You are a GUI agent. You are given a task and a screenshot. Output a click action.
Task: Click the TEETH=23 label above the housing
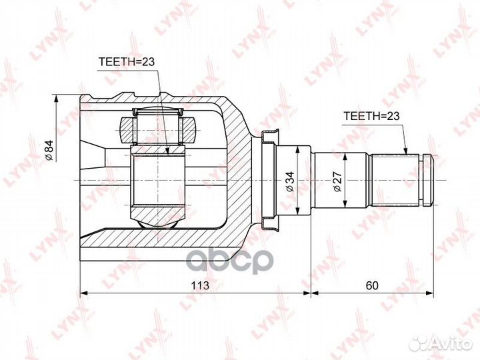127,62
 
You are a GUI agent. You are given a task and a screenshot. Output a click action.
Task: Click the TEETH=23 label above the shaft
371,116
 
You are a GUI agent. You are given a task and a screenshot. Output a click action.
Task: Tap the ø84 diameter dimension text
49,150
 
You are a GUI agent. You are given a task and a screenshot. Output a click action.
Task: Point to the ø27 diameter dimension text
337,182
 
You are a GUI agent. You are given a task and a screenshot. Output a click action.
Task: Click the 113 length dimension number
200,285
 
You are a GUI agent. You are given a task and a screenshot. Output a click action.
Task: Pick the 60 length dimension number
372,285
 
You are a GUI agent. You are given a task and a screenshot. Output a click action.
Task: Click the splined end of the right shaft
397,180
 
